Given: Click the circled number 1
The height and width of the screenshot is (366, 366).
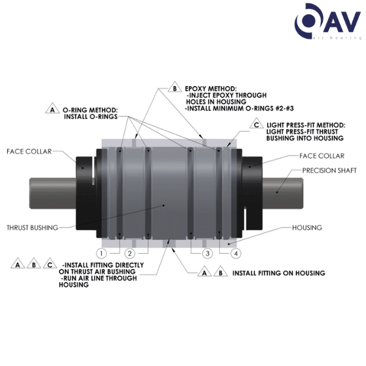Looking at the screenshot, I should click(x=101, y=253).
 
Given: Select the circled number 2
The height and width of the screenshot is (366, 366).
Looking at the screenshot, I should click(x=129, y=253).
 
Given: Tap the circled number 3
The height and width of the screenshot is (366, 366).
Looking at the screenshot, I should click(x=207, y=253).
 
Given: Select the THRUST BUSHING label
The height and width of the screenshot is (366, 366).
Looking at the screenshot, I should click(x=32, y=228).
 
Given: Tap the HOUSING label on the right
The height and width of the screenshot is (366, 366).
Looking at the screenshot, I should click(x=307, y=228).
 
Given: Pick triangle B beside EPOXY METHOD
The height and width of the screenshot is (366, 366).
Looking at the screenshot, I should click(x=174, y=87).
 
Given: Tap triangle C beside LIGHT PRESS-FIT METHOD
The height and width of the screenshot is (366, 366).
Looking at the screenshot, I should click(x=256, y=125).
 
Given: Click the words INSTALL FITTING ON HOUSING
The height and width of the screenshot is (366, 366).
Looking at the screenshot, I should click(x=278, y=273).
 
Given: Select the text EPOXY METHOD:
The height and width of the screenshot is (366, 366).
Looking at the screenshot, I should click(x=210, y=88).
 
